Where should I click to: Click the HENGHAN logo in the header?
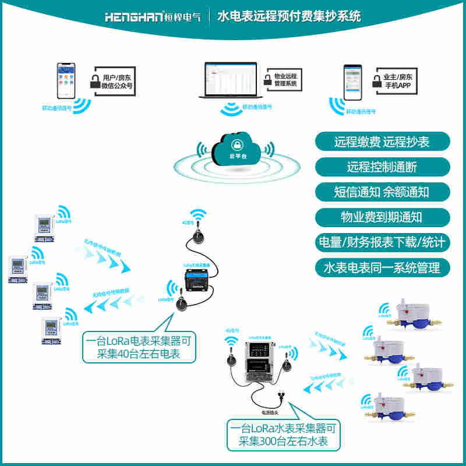(153, 16)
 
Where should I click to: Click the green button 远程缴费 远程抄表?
(382, 142)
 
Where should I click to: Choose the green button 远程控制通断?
(382, 167)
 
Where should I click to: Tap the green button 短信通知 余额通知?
(382, 192)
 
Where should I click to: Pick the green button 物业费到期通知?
(382, 217)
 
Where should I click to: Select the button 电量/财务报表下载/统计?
(382, 242)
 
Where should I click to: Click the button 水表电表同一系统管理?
(382, 268)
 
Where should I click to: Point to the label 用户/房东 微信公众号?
(117, 81)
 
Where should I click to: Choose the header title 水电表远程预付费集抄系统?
(289, 16)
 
